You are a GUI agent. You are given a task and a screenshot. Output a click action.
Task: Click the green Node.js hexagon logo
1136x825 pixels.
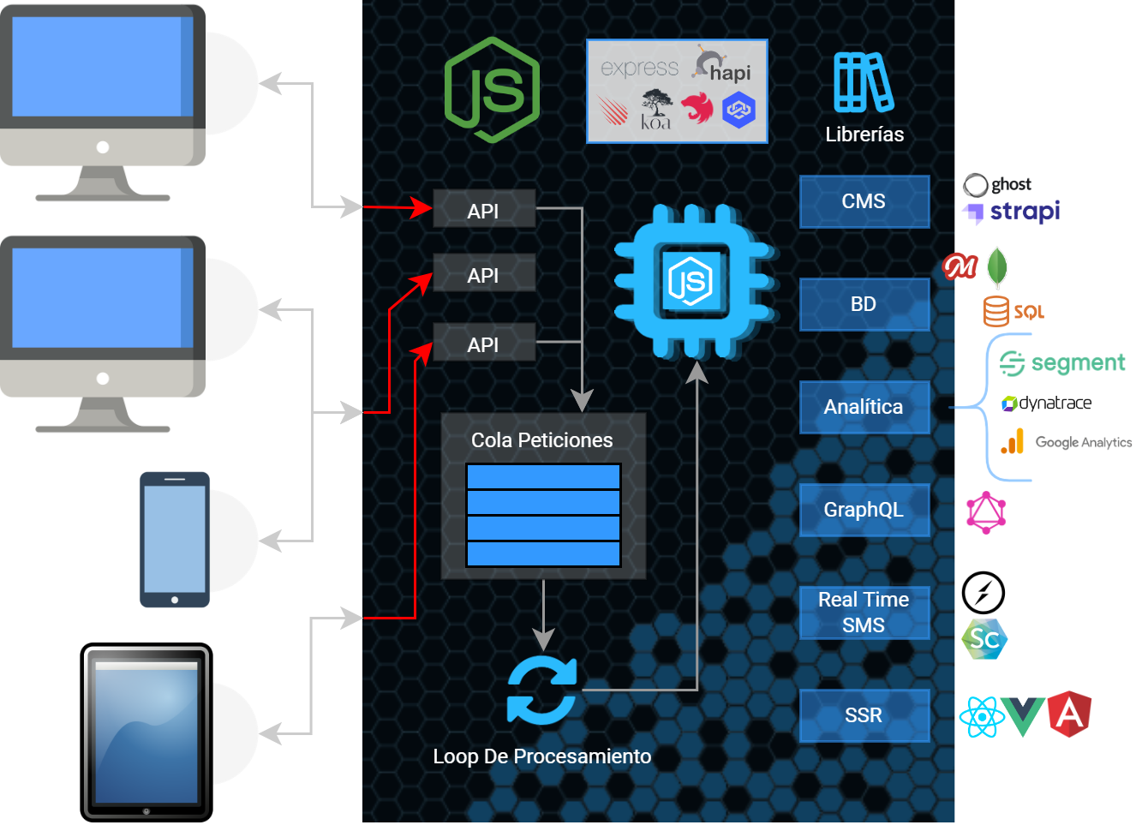click(492, 90)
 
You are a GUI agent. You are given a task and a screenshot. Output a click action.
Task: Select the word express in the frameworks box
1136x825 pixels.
click(639, 68)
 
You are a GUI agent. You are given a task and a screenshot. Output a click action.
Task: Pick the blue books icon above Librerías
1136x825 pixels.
click(864, 82)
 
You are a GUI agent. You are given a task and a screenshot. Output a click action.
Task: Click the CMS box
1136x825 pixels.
click(864, 201)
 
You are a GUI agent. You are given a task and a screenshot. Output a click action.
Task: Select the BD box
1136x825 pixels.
click(864, 304)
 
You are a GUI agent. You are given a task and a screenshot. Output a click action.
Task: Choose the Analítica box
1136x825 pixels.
click(864, 407)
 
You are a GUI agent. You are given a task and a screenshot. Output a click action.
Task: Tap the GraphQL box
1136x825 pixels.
click(864, 510)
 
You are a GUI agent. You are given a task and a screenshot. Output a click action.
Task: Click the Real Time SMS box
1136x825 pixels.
click(864, 613)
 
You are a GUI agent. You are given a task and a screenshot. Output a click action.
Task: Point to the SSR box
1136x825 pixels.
click(864, 715)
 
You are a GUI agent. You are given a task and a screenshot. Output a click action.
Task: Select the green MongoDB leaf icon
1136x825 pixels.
click(997, 266)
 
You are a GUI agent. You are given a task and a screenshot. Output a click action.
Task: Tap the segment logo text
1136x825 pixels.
click(1077, 363)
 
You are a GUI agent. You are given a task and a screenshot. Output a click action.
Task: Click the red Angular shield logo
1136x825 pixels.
click(1069, 714)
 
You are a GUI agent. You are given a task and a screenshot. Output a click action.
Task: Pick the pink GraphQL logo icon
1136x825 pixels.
click(985, 513)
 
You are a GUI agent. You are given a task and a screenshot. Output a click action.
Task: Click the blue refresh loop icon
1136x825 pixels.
click(541, 690)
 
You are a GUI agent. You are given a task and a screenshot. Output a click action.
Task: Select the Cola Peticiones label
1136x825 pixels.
click(542, 440)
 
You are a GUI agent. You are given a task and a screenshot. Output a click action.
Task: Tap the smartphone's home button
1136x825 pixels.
click(175, 600)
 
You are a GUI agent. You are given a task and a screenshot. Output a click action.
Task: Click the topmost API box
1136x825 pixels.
click(484, 210)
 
